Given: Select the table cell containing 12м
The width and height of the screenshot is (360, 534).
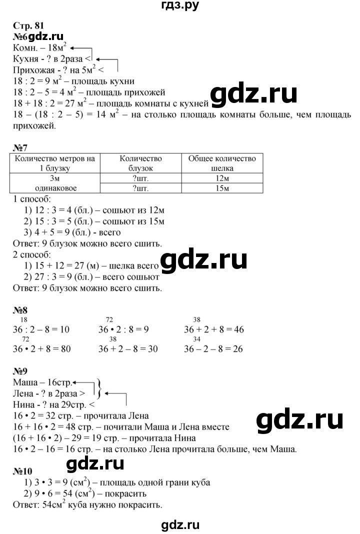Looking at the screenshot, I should click(222, 178).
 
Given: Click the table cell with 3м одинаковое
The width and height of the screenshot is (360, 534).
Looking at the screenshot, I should click(55, 183).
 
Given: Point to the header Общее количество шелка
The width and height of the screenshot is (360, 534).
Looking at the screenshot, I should click(222, 163).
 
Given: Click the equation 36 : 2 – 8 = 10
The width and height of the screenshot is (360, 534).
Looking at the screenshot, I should click(42, 330).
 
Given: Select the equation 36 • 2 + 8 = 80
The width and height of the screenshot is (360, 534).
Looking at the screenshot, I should click(42, 349).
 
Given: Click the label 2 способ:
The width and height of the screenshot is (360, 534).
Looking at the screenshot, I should click(29, 254).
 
